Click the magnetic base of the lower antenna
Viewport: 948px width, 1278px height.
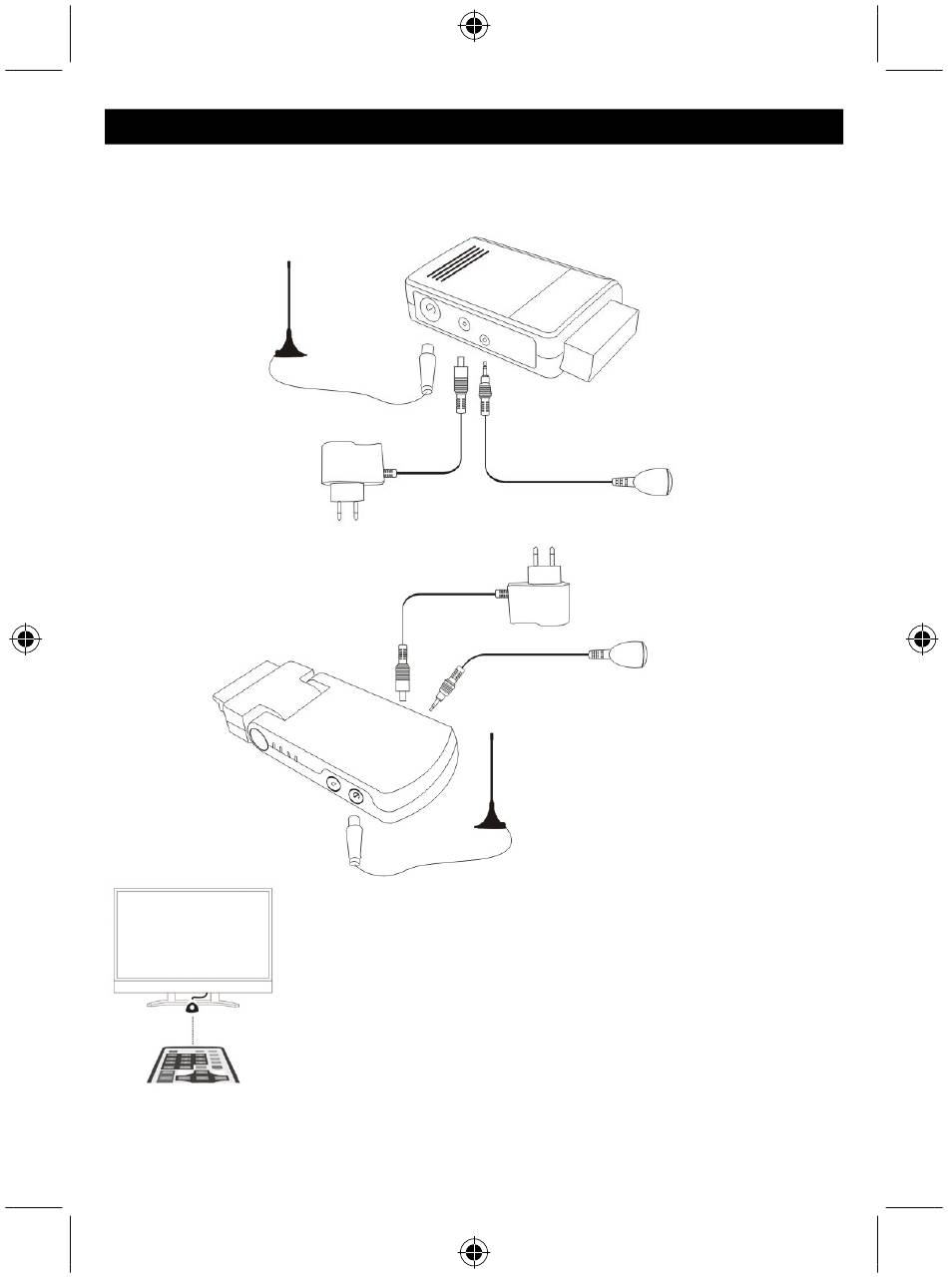click(492, 821)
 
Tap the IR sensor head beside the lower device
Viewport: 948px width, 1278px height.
click(631, 654)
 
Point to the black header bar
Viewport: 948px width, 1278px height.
click(474, 127)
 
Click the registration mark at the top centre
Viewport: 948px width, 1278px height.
click(474, 29)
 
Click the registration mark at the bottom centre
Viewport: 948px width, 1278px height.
click(474, 1249)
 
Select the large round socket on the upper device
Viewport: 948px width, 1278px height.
click(427, 310)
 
